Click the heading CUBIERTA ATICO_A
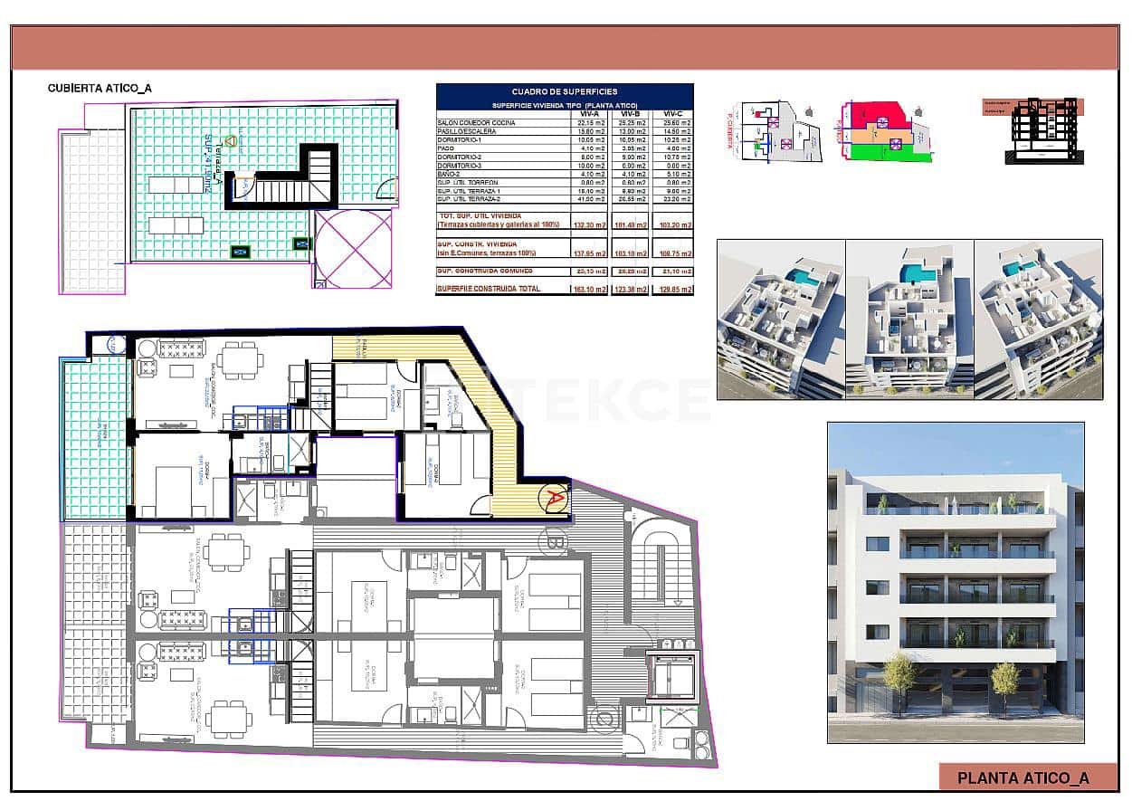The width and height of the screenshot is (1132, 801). pyautogui.click(x=100, y=89)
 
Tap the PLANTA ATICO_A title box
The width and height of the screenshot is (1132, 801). pyautogui.click(x=1023, y=777)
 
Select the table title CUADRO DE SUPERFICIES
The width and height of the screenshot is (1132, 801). pyautogui.click(x=565, y=91)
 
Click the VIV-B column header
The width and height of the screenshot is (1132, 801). pyautogui.click(x=630, y=114)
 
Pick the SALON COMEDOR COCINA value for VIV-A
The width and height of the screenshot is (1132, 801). pyautogui.click(x=590, y=123)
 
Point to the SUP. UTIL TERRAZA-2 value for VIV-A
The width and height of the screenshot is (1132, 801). pyautogui.click(x=590, y=199)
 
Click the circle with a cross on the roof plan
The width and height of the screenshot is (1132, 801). pyautogui.click(x=353, y=248)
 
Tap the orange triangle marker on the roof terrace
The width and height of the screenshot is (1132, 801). pyautogui.click(x=230, y=141)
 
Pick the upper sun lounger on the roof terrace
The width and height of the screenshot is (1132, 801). pyautogui.click(x=176, y=185)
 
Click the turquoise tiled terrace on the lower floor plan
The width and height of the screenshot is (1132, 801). pyautogui.click(x=95, y=437)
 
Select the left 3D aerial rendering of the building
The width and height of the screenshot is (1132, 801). pyautogui.click(x=781, y=319)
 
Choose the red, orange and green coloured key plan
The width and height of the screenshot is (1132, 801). pyautogui.click(x=885, y=131)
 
